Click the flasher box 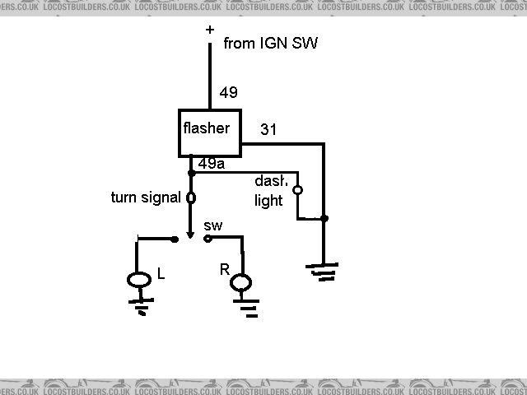click(x=210, y=132)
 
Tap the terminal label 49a click(x=212, y=163)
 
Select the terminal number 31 click(x=268, y=129)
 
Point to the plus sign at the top click(x=209, y=30)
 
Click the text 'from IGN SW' click(x=270, y=44)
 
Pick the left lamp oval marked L click(x=139, y=280)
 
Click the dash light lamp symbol click(x=297, y=190)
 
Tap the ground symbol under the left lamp click(x=139, y=306)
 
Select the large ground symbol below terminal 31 click(x=323, y=272)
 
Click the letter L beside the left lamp click(x=161, y=275)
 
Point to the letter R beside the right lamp click(x=223, y=269)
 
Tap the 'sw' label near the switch click(x=212, y=224)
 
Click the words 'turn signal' click(x=145, y=197)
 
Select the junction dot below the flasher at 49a click(x=191, y=173)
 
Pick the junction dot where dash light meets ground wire click(x=324, y=218)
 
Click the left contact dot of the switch click(x=175, y=239)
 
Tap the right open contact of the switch click(x=208, y=239)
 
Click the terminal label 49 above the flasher click(x=228, y=92)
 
